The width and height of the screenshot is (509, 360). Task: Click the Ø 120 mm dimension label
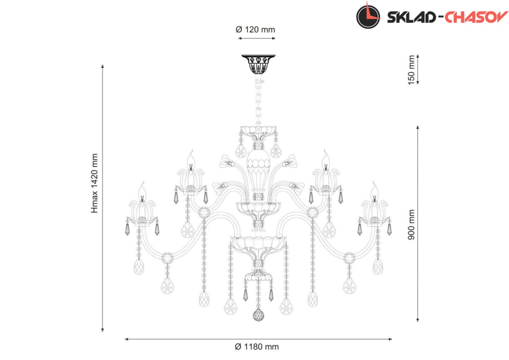coord(255,30)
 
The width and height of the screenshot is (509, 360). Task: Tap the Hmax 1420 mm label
coord(94,183)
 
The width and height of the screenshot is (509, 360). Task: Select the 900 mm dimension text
coord(411,225)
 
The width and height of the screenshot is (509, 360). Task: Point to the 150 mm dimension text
coord(411,70)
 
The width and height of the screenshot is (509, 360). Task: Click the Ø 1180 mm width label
coord(257,347)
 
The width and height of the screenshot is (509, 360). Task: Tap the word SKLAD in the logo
coord(411,17)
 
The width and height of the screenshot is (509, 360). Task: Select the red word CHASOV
coord(476,17)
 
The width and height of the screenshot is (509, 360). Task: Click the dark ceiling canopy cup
coord(258,65)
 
